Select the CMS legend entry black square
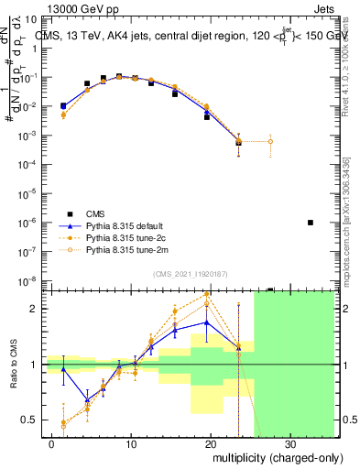[64, 211]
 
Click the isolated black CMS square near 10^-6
[311, 223]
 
